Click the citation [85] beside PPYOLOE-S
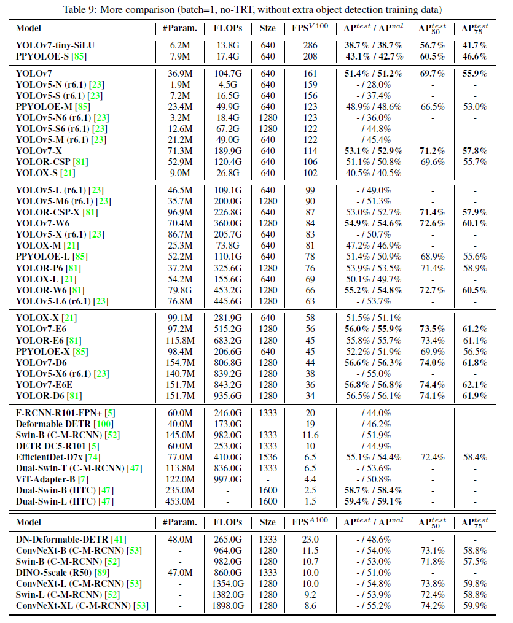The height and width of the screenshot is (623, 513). click(x=80, y=56)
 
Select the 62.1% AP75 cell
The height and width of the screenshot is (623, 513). click(x=475, y=384)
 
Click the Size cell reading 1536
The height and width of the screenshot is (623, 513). click(x=268, y=457)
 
